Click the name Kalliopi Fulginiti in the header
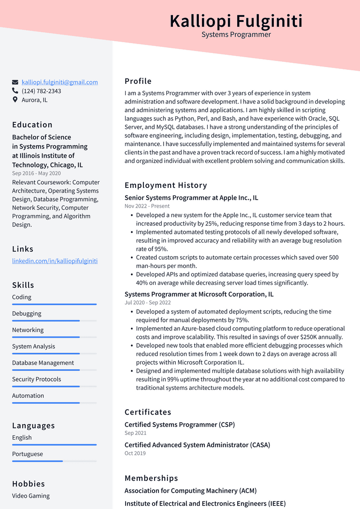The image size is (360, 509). click(236, 21)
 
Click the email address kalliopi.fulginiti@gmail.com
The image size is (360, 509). click(60, 82)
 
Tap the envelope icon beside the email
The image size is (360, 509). click(15, 82)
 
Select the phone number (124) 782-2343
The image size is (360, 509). click(41, 91)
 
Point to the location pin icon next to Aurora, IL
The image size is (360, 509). click(15, 100)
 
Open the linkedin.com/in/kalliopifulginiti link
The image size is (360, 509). click(55, 261)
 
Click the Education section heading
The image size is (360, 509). click(32, 125)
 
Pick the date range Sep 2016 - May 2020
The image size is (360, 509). click(36, 173)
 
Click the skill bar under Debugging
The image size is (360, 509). click(54, 321)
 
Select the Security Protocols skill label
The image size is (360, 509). click(37, 379)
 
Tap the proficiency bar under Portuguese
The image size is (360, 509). click(54, 461)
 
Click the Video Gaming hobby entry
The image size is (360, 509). click(31, 496)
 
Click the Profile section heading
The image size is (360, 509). click(138, 81)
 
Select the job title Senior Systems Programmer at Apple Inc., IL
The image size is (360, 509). click(191, 198)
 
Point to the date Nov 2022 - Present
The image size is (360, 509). click(147, 206)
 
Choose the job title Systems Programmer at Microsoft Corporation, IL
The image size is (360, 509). click(199, 294)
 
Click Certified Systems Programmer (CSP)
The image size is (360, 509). click(180, 425)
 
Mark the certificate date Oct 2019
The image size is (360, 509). click(135, 453)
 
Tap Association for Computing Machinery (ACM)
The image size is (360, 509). click(190, 491)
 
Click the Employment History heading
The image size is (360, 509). click(165, 185)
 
